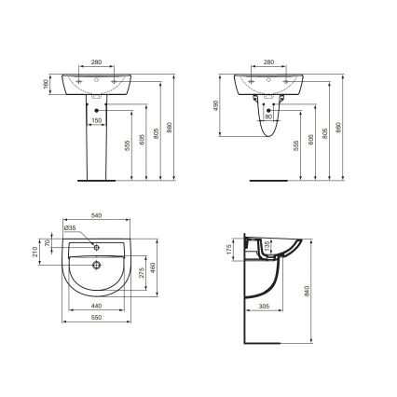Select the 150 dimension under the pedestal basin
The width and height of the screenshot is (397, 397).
tap(97, 120)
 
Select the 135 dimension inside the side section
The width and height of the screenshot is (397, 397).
tap(269, 247)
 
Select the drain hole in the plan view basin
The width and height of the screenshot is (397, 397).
tap(95, 264)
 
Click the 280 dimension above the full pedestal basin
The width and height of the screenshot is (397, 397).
tap(96, 62)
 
